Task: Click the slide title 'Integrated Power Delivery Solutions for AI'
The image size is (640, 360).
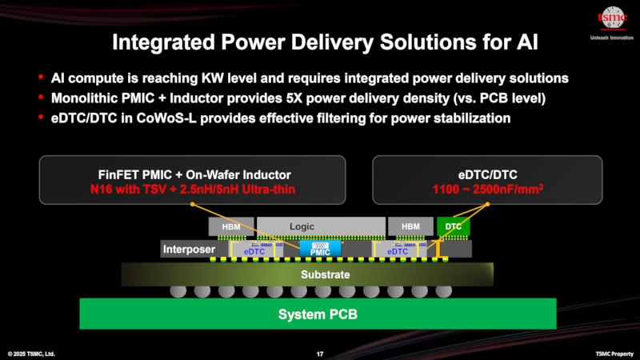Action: [x=319, y=42]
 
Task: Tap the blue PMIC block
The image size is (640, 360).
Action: [x=320, y=250]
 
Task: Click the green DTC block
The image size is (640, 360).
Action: [x=453, y=227]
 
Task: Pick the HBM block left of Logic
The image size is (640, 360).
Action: [x=231, y=227]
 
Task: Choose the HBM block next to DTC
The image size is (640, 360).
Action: [x=410, y=227]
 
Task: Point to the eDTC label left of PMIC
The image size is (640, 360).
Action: [x=254, y=251]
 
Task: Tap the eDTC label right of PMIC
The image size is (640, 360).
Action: [x=398, y=251]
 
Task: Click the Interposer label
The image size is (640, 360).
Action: [x=189, y=250]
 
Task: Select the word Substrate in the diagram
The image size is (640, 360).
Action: [x=325, y=274]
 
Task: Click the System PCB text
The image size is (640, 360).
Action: [x=318, y=314]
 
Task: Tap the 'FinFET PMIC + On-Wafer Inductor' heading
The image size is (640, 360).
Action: [x=192, y=174]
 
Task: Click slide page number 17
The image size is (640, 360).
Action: [x=320, y=354]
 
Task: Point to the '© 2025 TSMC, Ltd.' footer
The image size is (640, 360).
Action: [x=32, y=354]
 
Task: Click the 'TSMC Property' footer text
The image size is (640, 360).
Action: [x=613, y=354]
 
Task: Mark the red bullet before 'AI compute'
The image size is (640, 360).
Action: [x=41, y=78]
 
